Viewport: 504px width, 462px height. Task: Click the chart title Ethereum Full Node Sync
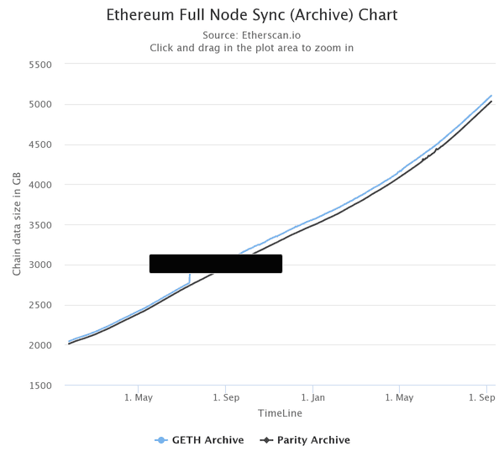click(252, 15)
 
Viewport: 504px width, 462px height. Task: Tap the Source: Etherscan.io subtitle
click(252, 35)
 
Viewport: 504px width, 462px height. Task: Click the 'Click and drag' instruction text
click(252, 48)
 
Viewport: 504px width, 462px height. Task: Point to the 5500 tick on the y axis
click(40, 65)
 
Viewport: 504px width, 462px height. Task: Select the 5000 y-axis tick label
click(40, 105)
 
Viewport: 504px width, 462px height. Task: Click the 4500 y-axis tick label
click(40, 144)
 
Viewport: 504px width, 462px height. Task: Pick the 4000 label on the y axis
click(40, 185)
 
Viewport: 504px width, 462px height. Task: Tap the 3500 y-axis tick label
click(40, 225)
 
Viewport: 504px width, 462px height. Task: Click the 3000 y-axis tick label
click(40, 265)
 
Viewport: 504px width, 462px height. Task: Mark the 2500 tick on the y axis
click(40, 305)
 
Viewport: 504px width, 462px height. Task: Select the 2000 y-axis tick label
click(40, 345)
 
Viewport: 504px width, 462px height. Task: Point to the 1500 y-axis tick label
click(40, 386)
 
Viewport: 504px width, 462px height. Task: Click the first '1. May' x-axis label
click(139, 397)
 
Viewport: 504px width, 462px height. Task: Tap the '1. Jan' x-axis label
click(312, 397)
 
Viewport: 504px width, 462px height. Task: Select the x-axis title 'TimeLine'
click(280, 413)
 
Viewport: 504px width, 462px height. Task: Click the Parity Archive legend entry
click(306, 440)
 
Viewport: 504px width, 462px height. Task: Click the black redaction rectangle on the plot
click(216, 264)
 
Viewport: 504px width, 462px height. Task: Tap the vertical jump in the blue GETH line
click(190, 278)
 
